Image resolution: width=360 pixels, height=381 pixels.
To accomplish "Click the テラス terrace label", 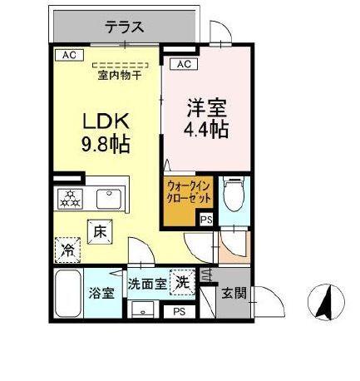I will coord(125,27).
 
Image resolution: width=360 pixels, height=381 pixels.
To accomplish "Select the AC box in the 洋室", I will coord(182,63).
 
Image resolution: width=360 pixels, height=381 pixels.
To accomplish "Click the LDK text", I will coord(104,119).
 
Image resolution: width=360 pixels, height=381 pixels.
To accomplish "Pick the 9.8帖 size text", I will coord(104,144).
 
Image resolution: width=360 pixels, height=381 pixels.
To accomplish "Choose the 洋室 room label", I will coord(207,108).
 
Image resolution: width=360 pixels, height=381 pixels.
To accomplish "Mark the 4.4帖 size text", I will coord(207,130).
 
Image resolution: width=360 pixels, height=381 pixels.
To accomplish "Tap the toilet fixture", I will coord(234,195).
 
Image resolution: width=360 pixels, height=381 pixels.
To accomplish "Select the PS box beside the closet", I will coord(205,220).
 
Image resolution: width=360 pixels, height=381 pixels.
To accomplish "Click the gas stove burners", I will coord(69,198).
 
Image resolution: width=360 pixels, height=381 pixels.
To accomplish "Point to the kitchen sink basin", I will coord(107,199).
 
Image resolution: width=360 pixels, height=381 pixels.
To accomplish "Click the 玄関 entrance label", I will coord(234,293).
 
